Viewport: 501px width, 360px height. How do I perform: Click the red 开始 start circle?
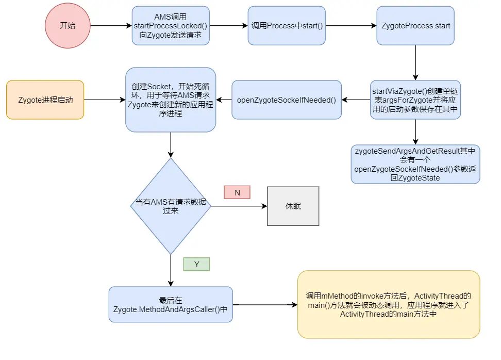pos(68,26)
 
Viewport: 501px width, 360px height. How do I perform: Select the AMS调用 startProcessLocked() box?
pos(171,25)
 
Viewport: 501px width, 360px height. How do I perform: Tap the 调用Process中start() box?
pos(287,25)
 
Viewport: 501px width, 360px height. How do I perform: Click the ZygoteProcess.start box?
pos(415,25)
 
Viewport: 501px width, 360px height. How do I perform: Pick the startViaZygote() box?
pos(415,100)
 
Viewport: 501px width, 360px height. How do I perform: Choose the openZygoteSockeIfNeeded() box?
pos(287,100)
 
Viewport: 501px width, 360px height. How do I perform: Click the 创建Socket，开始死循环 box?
pos(171,100)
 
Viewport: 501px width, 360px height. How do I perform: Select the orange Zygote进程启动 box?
pos(45,100)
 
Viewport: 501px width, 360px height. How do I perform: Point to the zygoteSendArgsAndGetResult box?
pos(415,164)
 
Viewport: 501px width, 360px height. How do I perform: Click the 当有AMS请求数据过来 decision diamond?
pos(171,206)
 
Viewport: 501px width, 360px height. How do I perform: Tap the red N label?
pos(237,192)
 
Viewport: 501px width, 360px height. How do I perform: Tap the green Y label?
pos(196,264)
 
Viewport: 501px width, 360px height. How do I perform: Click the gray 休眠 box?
pos(293,206)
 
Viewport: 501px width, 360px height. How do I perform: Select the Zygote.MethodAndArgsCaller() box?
pos(171,305)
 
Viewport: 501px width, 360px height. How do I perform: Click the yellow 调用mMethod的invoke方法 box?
pos(388,305)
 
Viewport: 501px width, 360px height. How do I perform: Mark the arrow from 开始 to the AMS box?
pos(111,26)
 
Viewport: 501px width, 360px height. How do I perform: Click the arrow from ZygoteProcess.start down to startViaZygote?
pos(415,62)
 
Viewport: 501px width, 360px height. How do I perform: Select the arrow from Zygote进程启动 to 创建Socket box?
pos(105,100)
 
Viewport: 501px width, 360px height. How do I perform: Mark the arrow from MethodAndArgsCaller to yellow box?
pos(265,305)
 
